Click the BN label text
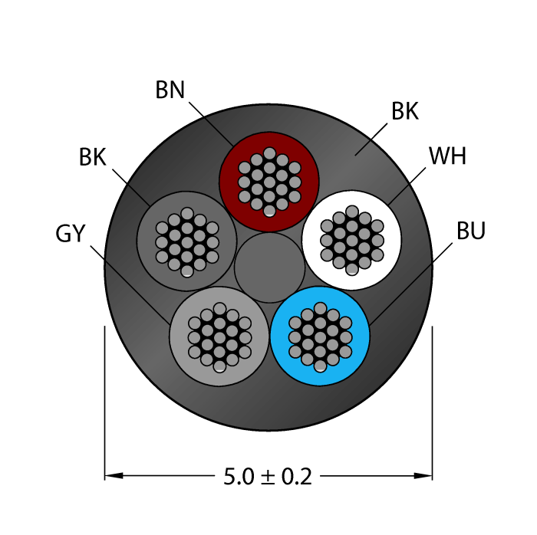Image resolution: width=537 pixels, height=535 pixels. [170, 90]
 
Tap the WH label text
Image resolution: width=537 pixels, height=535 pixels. [447, 156]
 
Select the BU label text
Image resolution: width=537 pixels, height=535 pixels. [471, 231]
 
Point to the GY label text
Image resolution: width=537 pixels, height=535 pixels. [71, 234]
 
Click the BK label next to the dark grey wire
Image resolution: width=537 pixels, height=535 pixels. [93, 157]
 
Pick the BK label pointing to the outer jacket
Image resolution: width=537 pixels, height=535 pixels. [405, 111]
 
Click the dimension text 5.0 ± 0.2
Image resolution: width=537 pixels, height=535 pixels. [268, 477]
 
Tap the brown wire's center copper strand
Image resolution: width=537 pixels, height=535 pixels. [269, 182]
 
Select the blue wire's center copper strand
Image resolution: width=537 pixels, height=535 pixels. [320, 337]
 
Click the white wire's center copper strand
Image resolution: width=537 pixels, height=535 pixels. [351, 240]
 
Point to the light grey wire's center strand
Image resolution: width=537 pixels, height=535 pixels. [219, 337]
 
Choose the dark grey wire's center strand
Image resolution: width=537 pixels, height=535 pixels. [187, 242]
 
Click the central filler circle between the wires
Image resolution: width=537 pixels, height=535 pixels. [269, 267]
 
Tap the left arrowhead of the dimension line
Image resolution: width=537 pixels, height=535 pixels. [114, 475]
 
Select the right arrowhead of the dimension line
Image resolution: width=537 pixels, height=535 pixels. [423, 475]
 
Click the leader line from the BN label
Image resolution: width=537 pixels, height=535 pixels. [211, 124]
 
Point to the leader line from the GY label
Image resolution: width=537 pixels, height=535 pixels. [130, 284]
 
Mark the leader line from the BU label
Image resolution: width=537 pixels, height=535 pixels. [411, 284]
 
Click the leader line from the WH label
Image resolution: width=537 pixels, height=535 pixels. [407, 186]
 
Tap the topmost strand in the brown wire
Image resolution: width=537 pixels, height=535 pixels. [269, 153]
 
